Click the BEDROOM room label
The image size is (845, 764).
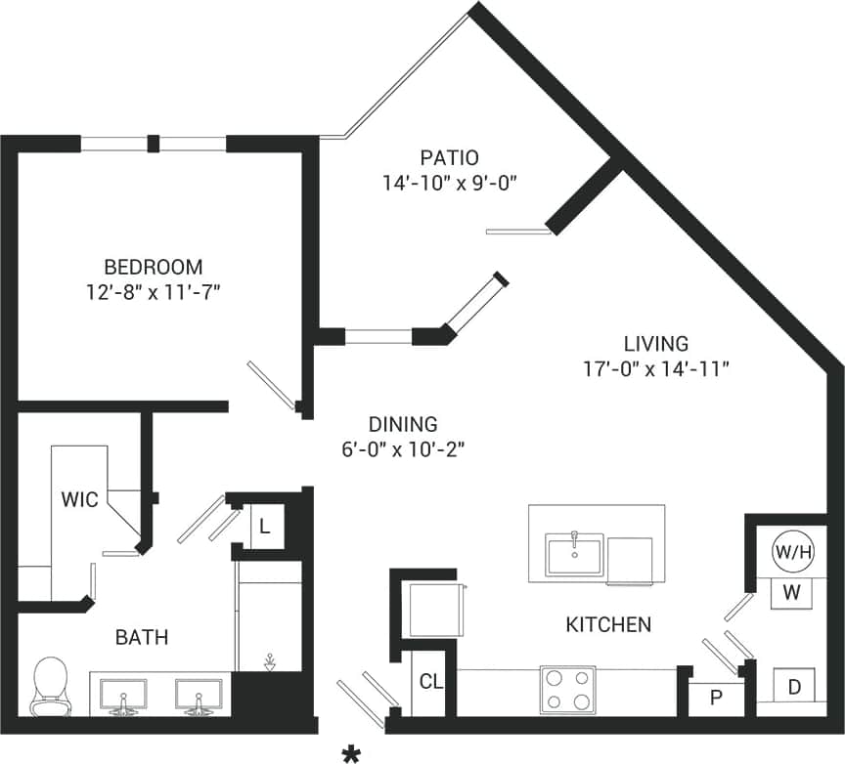[154, 266]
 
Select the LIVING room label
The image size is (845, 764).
[655, 343]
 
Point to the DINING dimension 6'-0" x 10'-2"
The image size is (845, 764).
[402, 449]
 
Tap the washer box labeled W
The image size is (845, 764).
[793, 592]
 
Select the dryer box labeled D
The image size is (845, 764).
[794, 687]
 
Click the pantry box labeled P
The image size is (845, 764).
[716, 699]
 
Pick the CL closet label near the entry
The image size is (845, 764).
[429, 682]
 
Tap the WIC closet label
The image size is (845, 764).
[79, 500]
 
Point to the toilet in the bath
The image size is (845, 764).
[49, 685]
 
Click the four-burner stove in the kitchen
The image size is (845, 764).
[567, 690]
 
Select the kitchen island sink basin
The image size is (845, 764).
[575, 556]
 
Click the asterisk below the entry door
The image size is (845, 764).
[349, 752]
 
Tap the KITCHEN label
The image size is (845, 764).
[608, 624]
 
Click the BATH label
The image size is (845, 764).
[142, 638]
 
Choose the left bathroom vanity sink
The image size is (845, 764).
[123, 696]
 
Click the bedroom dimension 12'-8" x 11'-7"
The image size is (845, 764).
[154, 292]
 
